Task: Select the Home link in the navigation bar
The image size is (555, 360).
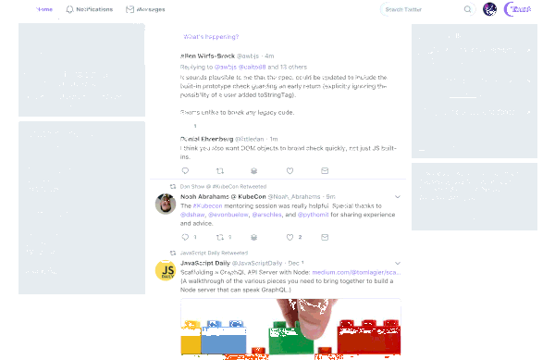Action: click(43, 9)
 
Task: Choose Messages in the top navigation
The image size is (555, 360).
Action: click(142, 9)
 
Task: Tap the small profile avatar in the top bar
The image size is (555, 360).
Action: click(490, 9)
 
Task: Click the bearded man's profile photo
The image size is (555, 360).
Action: click(166, 199)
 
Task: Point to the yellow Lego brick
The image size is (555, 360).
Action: click(190, 341)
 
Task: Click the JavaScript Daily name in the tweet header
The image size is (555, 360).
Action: click(208, 244)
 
